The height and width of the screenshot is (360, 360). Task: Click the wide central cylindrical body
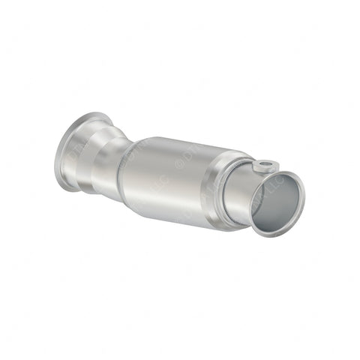[x=184, y=180]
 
